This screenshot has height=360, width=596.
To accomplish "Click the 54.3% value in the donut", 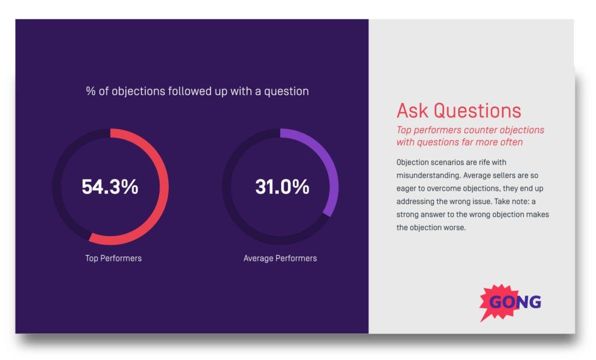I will [x=110, y=187].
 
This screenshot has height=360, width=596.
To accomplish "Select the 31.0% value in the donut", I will [x=282, y=187].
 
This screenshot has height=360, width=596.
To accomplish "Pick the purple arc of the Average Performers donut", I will [x=332, y=174].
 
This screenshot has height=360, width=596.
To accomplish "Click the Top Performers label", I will [x=113, y=258].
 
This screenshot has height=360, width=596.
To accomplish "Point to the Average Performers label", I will [x=280, y=258].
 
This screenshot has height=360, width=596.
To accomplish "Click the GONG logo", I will [x=510, y=302].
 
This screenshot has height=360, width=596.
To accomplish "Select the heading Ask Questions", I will [x=459, y=111].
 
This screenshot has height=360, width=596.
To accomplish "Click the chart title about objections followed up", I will [x=197, y=91].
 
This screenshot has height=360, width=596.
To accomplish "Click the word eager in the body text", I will [x=407, y=188].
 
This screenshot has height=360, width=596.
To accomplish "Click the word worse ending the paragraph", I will [x=455, y=227].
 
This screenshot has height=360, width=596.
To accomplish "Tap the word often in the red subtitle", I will [x=510, y=142].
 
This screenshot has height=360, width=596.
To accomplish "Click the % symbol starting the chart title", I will [x=90, y=91].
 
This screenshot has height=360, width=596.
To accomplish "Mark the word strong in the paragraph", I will [x=408, y=215].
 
